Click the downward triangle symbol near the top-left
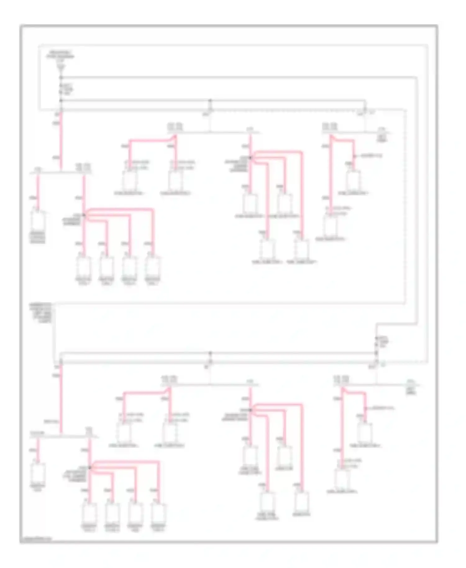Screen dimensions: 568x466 point(61,67)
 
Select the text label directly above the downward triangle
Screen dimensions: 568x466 point(61,55)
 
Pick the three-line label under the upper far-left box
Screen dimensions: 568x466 point(38,237)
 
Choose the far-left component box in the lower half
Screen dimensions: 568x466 point(38,474)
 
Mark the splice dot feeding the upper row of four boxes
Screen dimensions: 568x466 point(84,215)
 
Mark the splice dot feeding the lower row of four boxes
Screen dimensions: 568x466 point(89,468)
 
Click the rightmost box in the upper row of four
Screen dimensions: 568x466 point(153,266)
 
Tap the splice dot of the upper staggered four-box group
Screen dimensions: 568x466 point(250,158)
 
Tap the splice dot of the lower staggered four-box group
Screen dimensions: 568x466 point(250,410)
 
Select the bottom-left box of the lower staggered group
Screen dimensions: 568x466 point(267,502)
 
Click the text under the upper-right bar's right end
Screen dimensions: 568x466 point(381,139)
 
